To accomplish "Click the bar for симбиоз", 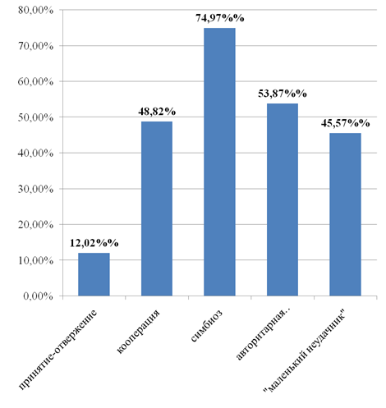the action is click(219, 162).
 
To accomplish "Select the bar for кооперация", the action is click(157, 209).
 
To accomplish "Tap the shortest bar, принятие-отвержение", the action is click(94, 274).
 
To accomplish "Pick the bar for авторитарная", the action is click(283, 199).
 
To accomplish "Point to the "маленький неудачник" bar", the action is click(345, 214).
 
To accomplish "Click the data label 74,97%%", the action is click(220, 18).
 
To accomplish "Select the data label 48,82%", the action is click(157, 112).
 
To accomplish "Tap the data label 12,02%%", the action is click(94, 243).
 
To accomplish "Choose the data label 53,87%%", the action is click(283, 94).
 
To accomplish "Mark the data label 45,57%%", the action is click(346, 123).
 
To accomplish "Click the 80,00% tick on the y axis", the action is click(35, 10).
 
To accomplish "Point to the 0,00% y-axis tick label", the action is click(38, 296).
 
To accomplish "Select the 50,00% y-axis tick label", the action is click(35, 117).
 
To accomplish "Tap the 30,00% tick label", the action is click(35, 189).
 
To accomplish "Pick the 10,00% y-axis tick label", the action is click(35, 260).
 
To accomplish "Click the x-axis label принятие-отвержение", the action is click(58, 349).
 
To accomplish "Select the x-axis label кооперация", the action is click(138, 332).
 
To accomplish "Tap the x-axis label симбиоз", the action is click(207, 326).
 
